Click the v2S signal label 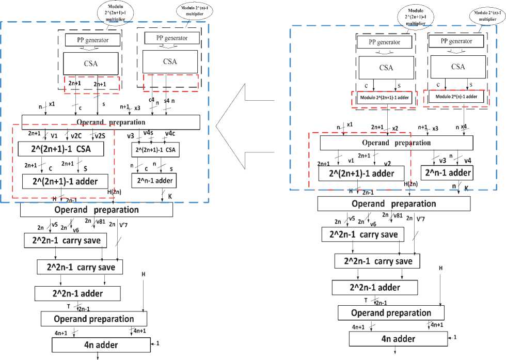click(x=101, y=136)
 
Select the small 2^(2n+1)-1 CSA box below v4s click(x=154, y=150)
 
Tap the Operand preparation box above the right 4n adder click(x=391, y=313)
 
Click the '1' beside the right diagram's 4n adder click(x=455, y=337)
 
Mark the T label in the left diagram click(x=69, y=306)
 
